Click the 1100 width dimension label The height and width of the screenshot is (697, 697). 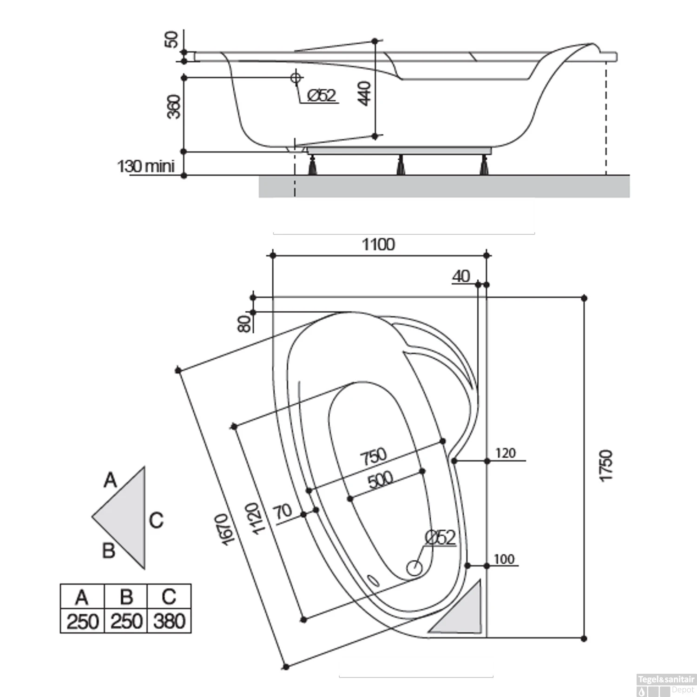(378, 244)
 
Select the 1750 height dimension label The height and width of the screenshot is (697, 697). (606, 466)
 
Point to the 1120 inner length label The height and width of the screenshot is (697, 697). (252, 519)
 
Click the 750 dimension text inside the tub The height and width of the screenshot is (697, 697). (374, 456)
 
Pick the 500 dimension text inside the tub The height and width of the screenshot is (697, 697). (380, 480)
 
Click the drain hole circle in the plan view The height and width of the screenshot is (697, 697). (414, 567)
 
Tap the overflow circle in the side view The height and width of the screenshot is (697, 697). (296, 78)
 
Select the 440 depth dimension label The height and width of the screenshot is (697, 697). (366, 93)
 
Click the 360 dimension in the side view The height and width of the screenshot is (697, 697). (174, 106)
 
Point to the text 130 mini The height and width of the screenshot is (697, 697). (146, 166)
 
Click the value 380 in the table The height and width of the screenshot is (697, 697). (169, 621)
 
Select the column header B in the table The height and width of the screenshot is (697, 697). (126, 597)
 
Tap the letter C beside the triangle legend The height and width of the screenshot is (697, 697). (156, 520)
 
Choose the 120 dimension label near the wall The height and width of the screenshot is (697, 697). (505, 453)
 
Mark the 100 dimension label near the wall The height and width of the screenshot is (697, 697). (504, 559)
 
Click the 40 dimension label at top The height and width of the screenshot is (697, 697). (461, 276)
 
